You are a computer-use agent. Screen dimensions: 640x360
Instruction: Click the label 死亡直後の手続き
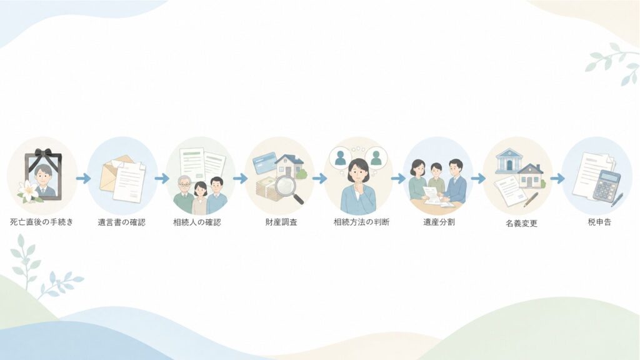click(42, 222)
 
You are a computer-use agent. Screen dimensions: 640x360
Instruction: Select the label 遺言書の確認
click(122, 222)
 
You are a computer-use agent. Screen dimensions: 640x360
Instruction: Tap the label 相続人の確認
click(197, 222)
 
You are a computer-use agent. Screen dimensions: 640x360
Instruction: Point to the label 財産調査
click(281, 222)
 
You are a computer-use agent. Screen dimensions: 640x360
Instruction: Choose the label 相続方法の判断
click(362, 222)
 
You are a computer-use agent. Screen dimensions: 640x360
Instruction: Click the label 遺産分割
click(439, 222)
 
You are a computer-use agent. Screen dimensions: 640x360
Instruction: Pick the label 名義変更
click(522, 224)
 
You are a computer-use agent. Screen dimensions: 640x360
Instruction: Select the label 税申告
click(599, 222)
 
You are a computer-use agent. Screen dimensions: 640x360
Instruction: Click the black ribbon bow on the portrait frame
click(43, 154)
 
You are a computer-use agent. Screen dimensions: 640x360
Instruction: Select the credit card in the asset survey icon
click(265, 163)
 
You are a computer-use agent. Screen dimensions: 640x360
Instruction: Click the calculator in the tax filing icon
click(606, 186)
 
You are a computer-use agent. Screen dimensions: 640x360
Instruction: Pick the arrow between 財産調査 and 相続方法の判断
click(320, 178)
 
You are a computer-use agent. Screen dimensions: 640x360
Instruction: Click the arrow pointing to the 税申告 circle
click(557, 178)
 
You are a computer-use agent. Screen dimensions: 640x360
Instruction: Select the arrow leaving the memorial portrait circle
click(83, 178)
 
